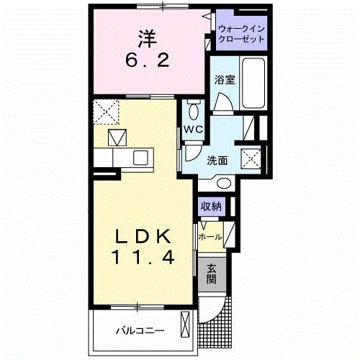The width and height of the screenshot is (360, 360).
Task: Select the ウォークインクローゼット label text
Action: tap(240, 33)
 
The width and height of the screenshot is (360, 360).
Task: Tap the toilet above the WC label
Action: tap(193, 109)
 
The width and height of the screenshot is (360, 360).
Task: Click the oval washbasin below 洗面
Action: tap(223, 183)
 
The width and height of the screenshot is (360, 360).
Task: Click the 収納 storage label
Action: tap(212, 207)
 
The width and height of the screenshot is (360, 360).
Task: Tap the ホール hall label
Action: tap(210, 235)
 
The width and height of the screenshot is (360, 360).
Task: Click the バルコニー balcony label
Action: tap(140, 332)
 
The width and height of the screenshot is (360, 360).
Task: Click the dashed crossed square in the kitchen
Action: tap(106, 111)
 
